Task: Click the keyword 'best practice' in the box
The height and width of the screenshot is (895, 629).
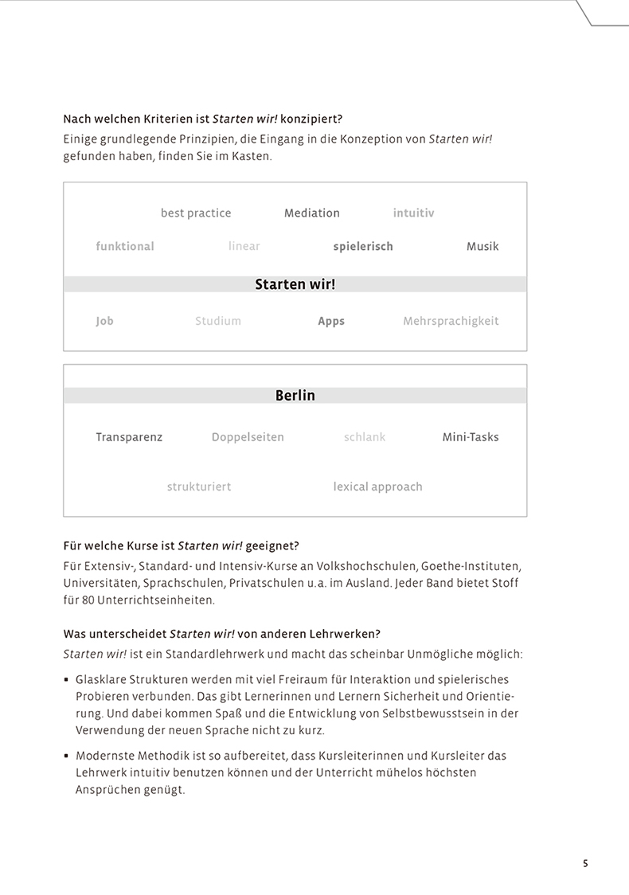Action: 196,213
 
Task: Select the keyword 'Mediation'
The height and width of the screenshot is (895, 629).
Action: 312,213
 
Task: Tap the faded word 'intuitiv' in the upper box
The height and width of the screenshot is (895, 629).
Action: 413,213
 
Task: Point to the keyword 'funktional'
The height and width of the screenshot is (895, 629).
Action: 125,247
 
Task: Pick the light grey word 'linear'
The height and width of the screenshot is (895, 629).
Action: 244,247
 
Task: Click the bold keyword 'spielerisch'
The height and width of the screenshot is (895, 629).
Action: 363,247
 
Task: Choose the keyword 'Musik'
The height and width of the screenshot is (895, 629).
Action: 482,247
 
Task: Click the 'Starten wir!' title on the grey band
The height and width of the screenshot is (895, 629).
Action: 295,284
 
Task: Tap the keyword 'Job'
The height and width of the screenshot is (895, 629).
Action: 104,322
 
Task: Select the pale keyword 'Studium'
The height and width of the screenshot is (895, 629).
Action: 218,322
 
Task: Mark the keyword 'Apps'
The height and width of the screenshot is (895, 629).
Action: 331,322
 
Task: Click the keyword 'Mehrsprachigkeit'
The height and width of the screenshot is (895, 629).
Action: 451,322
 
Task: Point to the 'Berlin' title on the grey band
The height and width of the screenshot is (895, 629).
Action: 295,396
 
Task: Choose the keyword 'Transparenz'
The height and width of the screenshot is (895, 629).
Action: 129,437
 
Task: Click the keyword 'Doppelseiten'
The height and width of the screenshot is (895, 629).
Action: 248,437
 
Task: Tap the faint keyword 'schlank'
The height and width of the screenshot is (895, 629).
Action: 365,437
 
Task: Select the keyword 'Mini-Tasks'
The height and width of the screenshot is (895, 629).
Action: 471,437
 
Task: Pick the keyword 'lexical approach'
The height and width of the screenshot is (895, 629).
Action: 377,487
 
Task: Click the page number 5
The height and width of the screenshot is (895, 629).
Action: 585,863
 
